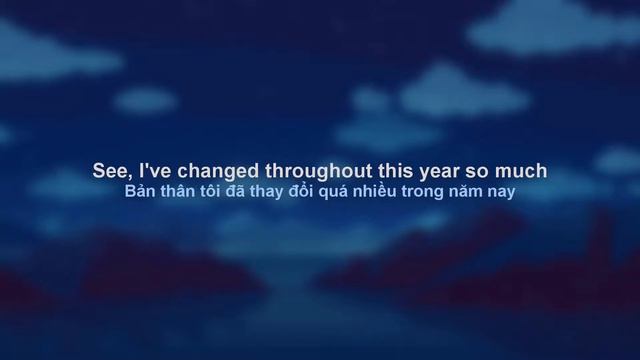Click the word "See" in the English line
[107, 171]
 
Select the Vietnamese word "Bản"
[140, 190]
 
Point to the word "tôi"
[215, 190]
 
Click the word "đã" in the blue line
[242, 190]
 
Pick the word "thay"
[273, 191]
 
